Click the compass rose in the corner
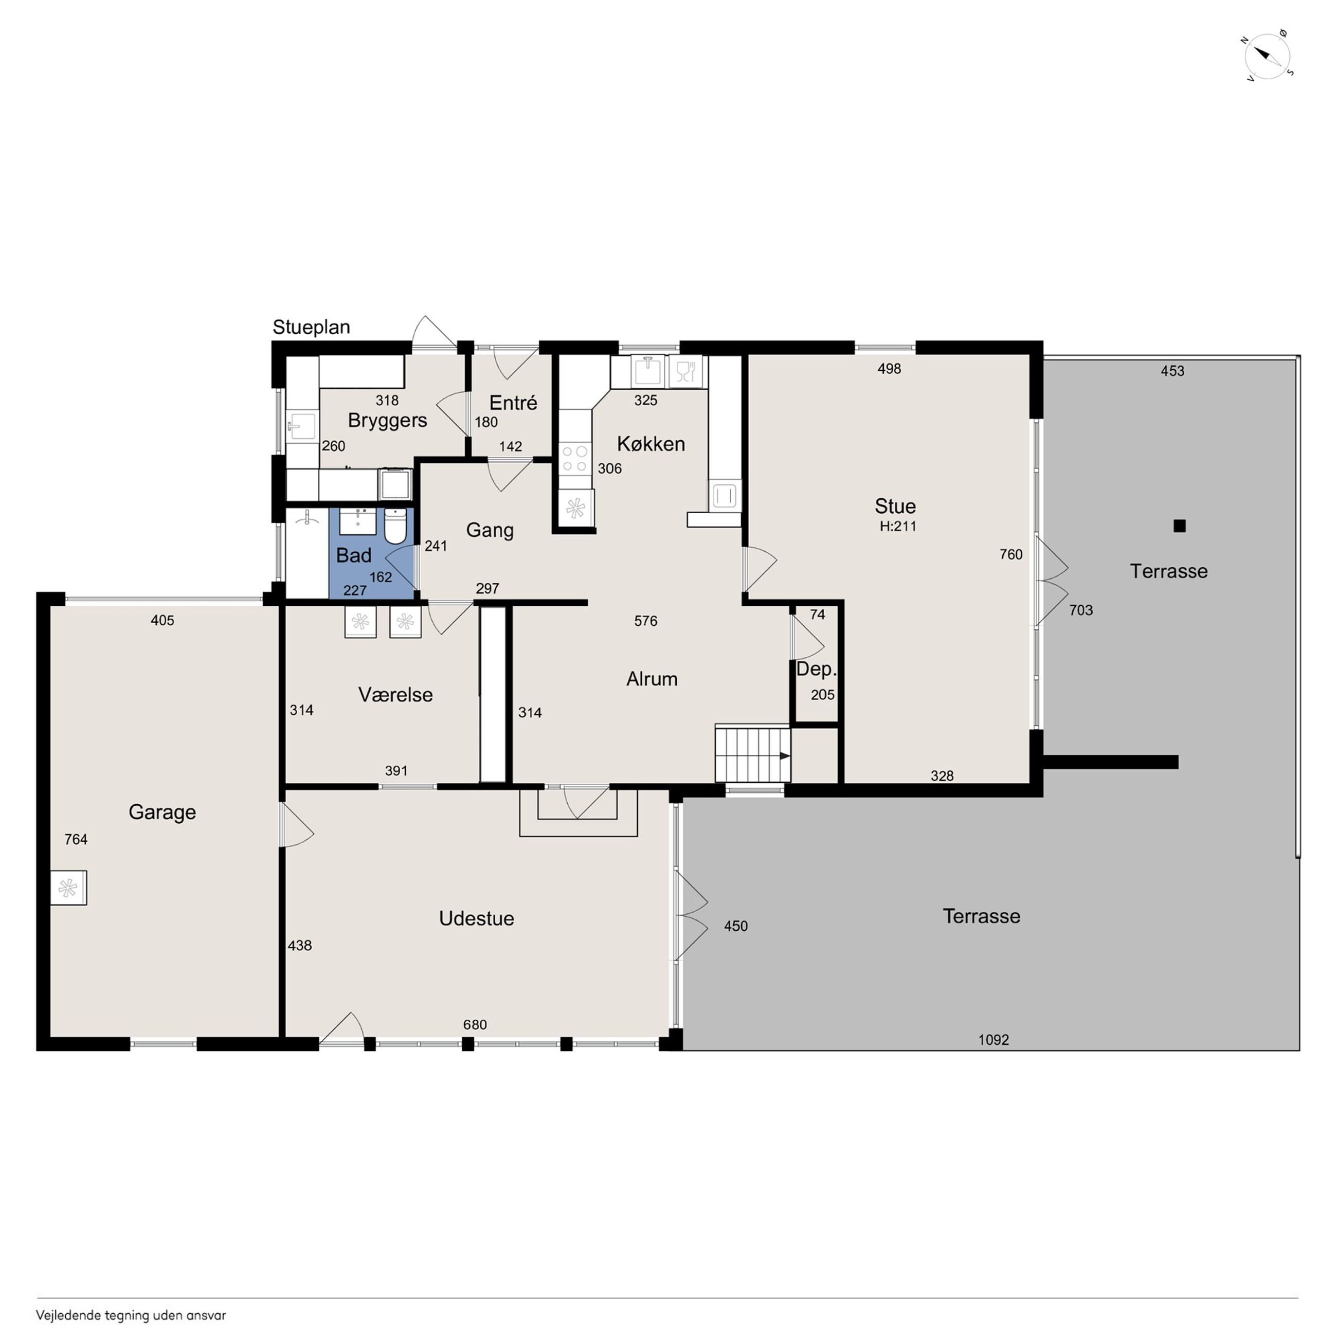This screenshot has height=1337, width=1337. point(1267,56)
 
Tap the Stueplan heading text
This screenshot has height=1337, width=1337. point(312,328)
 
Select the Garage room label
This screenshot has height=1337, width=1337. point(162,812)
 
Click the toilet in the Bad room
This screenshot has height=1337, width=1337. point(395,526)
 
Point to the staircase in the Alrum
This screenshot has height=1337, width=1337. point(752,754)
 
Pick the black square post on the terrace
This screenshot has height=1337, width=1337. point(1180,526)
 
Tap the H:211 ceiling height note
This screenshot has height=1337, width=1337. point(897,526)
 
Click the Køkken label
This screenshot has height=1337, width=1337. point(651,444)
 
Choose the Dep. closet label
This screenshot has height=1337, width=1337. point(817,669)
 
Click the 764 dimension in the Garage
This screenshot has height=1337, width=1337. point(76,839)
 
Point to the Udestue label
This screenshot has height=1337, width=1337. point(476,918)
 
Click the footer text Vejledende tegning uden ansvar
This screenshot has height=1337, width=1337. point(131,1315)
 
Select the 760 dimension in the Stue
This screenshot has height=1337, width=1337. point(1011,554)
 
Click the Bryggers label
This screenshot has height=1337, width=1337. point(388,421)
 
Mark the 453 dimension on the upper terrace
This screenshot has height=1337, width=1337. point(1172,371)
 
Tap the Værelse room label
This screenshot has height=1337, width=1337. point(395,695)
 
